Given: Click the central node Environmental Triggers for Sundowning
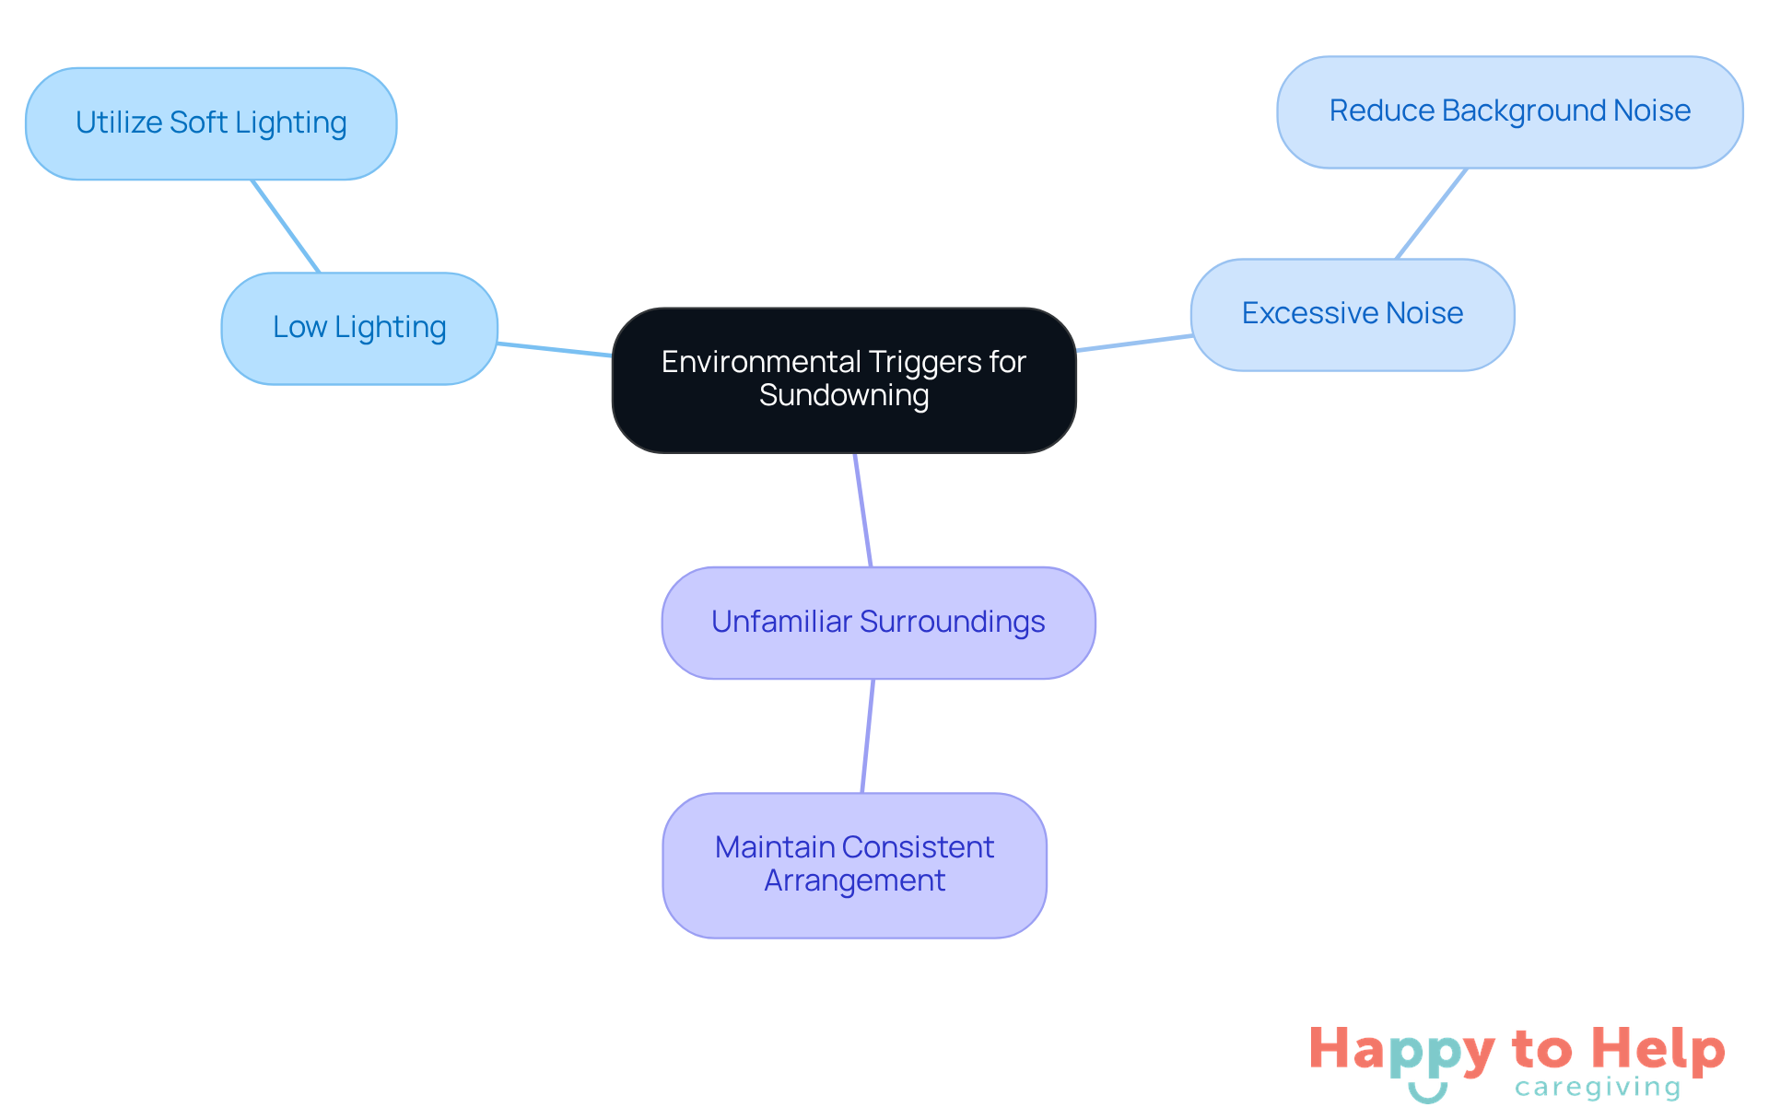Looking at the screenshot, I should pos(844,379).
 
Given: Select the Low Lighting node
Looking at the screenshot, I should pos(359,328).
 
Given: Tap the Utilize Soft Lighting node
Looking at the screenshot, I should pos(211,123).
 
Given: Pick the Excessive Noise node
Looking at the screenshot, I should pos(1352,314).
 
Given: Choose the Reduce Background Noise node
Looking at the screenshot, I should pos(1509,111).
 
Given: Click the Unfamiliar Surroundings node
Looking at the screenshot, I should pos(878,623).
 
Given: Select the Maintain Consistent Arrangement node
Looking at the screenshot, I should pos(854,865).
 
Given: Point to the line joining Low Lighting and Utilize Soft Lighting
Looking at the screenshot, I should pos(286,226).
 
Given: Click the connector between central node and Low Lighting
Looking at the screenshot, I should pos(555,349).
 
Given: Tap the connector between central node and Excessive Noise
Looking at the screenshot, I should pos(1134,344).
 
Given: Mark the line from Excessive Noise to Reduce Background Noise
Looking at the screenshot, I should pos(1432,214).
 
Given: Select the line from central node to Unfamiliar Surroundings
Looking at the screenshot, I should pos(863,510).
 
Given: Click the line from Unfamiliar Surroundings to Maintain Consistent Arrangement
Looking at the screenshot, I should pos(868,736).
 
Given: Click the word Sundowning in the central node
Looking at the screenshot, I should pos(844,396).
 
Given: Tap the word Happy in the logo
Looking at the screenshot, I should pos(1401,1051).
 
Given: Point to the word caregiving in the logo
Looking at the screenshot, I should pos(1598,1088).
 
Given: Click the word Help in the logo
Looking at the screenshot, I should pos(1658,1049).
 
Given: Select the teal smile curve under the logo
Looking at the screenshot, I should pos(1428,1094).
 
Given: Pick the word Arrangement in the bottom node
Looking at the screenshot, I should pos(854,881).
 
